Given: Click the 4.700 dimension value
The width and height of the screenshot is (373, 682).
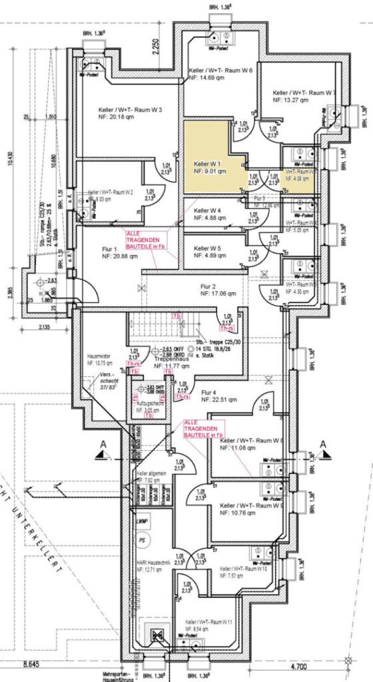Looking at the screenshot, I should tap(322, 665).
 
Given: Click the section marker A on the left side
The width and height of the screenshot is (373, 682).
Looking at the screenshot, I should tap(101, 444).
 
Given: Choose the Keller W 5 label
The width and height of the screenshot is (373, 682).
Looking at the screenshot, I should tap(207, 248).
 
